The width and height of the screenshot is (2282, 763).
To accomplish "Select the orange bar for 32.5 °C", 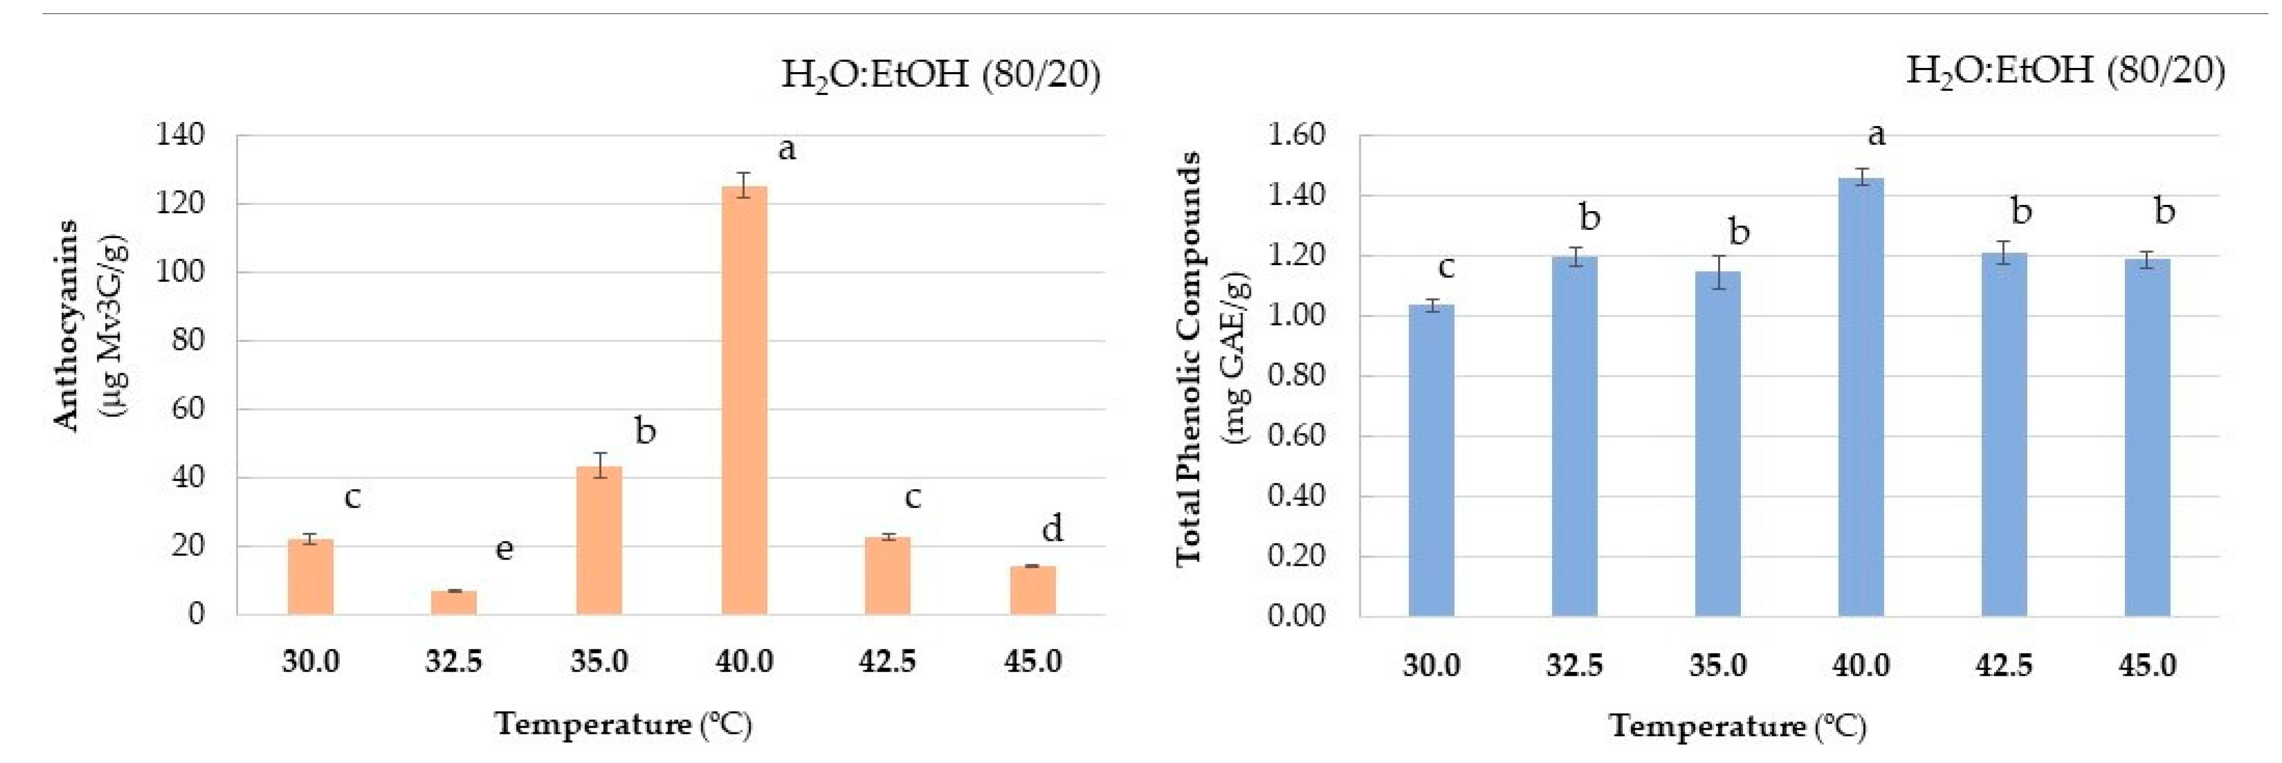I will (453, 603).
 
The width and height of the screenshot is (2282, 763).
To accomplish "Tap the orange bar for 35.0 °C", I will (599, 540).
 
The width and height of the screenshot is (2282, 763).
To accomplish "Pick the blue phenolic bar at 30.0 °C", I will (1431, 460).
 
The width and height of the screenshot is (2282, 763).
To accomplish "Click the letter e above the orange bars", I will (504, 549).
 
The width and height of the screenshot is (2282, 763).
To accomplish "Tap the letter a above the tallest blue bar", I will (1876, 135).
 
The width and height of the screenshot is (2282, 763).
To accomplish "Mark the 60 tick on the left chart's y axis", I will (188, 409).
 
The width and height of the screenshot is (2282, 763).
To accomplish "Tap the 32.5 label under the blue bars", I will (1574, 664).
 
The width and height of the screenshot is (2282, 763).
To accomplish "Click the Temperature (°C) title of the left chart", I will (624, 725).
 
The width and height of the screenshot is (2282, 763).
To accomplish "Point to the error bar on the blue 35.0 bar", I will (1718, 272).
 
